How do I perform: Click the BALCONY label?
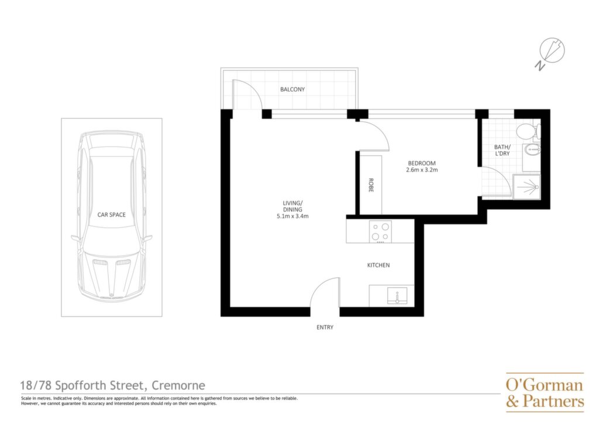click(292, 90)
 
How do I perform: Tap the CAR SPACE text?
click(112, 215)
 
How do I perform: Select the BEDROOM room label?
click(422, 163)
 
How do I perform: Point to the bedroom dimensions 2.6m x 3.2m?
click(422, 170)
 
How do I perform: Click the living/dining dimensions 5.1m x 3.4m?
click(292, 217)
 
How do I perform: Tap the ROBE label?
click(370, 186)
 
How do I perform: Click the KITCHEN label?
click(378, 265)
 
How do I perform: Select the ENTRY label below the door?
click(325, 327)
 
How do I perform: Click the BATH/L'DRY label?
click(502, 151)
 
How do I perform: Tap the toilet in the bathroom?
click(528, 131)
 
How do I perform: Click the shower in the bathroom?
click(526, 187)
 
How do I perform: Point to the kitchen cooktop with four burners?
click(380, 232)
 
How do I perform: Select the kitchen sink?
click(397, 296)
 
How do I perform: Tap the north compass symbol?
click(550, 53)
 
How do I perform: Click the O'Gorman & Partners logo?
click(545, 392)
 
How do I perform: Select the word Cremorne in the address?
click(178, 385)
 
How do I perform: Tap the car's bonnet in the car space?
click(112, 273)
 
